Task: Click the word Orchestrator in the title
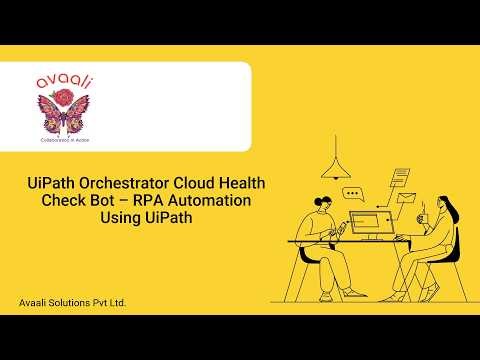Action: (x=117, y=185)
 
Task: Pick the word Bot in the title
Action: (x=127, y=201)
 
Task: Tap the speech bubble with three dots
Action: (x=352, y=194)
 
